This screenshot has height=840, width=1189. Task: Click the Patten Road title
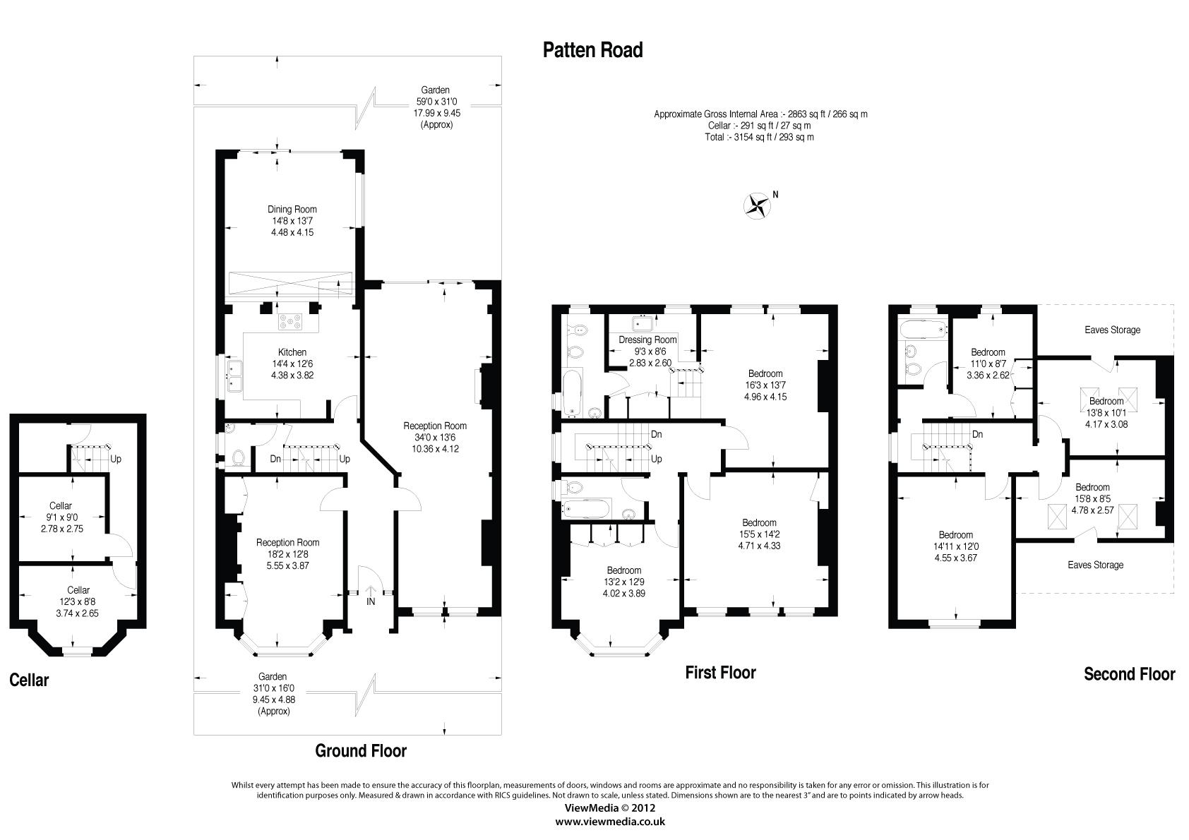[592, 50]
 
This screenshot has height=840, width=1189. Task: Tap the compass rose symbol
[757, 206]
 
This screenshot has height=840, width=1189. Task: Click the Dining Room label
[292, 209]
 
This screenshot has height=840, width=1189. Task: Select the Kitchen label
[292, 352]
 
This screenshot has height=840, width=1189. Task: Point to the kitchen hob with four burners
[290, 322]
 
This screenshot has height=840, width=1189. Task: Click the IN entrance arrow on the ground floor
[371, 595]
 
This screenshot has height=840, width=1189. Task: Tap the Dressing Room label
[647, 340]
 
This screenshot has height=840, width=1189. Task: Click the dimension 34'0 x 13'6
[435, 437]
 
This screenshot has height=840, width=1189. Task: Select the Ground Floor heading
[361, 751]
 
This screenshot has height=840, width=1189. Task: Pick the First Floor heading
[720, 673]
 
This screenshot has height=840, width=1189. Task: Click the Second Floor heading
[1129, 674]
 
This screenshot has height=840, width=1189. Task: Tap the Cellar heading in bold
[29, 680]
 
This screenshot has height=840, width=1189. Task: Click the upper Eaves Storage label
[1112, 330]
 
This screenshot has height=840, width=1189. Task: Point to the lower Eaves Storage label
[1095, 565]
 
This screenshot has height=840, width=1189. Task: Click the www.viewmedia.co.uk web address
[610, 822]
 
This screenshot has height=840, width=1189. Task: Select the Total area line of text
[759, 137]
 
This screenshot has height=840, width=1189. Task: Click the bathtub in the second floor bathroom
[924, 329]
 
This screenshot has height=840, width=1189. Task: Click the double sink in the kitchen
[234, 376]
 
